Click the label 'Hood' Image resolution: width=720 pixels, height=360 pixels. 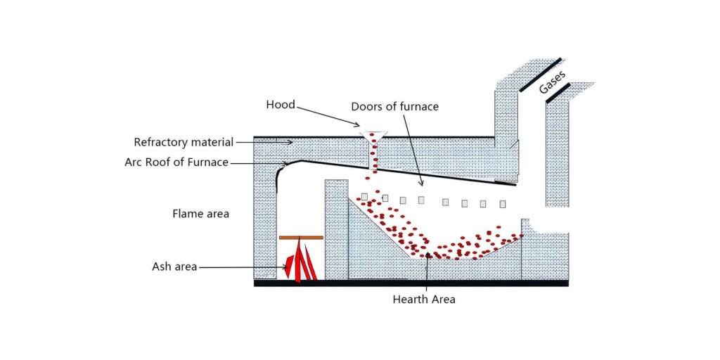(280, 105)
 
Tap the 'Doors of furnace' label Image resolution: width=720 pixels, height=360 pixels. (394, 107)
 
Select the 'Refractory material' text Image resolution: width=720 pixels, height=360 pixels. (184, 142)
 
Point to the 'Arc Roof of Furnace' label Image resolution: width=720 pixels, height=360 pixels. (176, 162)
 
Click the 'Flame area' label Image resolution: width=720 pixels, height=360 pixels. (201, 214)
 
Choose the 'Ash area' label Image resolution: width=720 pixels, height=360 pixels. (174, 266)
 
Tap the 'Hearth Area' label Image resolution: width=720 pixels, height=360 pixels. (424, 300)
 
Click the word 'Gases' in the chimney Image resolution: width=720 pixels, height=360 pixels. (553, 82)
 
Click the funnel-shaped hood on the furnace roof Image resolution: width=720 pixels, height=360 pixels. (373, 136)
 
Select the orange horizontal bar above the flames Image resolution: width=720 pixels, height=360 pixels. (301, 238)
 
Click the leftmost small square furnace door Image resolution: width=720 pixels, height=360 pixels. (364, 196)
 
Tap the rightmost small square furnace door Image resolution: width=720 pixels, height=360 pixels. (502, 204)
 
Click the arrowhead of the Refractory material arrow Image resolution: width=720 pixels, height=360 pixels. (290, 143)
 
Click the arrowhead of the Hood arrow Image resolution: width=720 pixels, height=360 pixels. (361, 127)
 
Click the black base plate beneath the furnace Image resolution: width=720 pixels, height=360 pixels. (411, 283)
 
